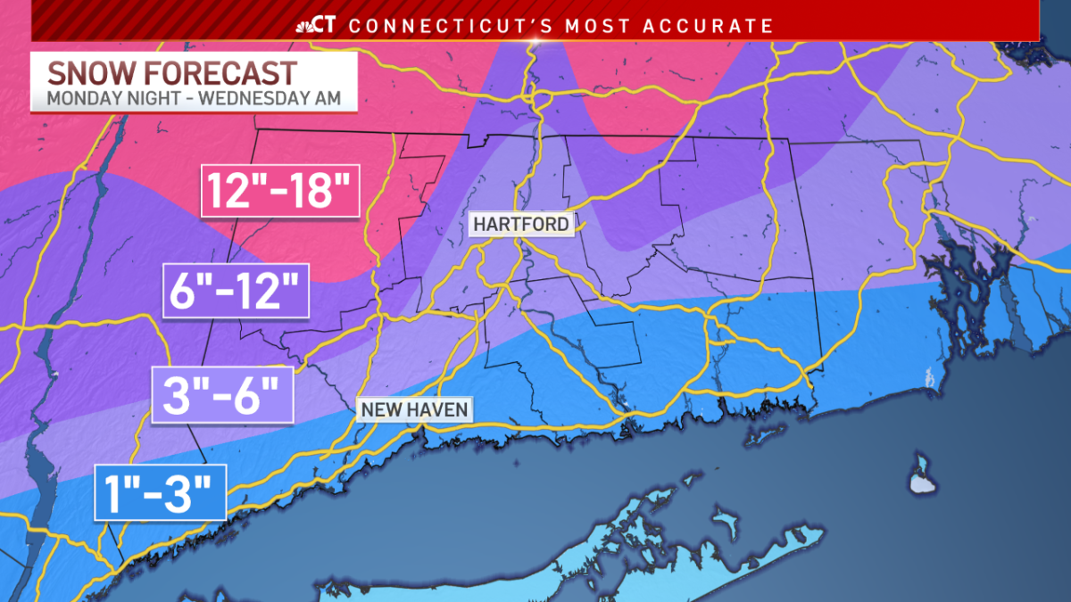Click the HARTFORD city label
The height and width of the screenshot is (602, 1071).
click(521, 224)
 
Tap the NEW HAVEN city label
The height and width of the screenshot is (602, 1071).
click(414, 409)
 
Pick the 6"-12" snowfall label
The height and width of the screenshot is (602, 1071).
click(236, 291)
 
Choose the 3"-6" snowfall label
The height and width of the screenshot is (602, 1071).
click(222, 393)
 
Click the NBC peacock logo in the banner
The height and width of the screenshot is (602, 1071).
click(303, 26)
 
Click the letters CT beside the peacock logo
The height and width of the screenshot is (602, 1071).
click(326, 26)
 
